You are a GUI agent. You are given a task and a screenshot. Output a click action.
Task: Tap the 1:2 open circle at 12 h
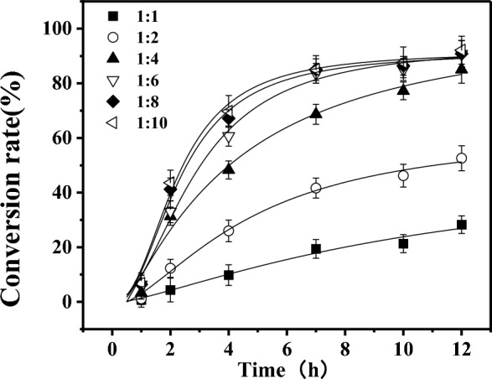pyautogui.click(x=461, y=158)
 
